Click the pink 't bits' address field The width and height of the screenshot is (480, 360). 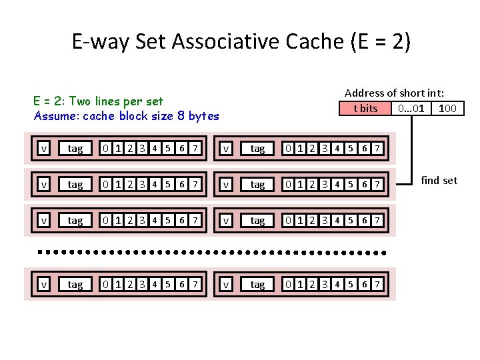[x=365, y=108]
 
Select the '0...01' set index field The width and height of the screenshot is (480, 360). [x=410, y=108]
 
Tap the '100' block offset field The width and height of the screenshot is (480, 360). [x=447, y=108]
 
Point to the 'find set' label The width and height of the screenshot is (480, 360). [x=439, y=180]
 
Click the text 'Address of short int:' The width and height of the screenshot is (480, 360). [x=394, y=93]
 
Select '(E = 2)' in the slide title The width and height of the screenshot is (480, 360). [x=380, y=42]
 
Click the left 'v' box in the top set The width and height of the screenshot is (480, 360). [x=44, y=149]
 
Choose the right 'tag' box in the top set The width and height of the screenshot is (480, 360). [x=257, y=149]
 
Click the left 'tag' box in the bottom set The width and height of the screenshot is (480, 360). [x=75, y=285]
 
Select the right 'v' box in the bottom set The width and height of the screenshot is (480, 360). [x=227, y=285]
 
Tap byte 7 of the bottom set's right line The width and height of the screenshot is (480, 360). [x=378, y=285]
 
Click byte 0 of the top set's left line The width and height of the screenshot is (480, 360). [x=106, y=149]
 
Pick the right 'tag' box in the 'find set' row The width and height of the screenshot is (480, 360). [x=257, y=184]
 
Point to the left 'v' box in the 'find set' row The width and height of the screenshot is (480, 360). [x=44, y=184]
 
